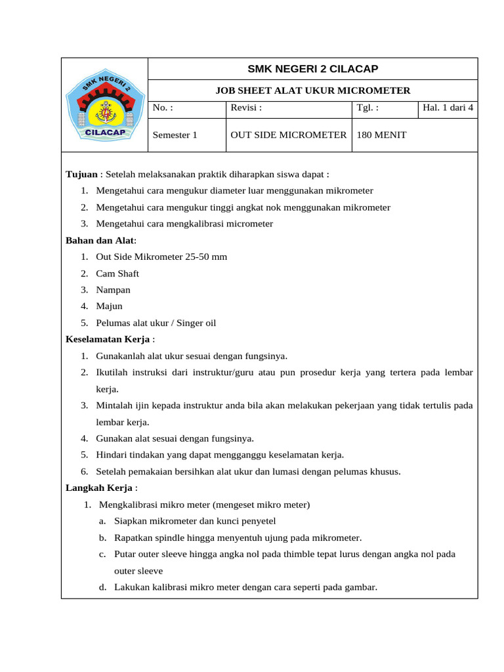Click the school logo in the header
tap(105, 105)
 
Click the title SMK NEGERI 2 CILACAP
tap(312, 69)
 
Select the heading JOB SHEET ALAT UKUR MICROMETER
tap(312, 91)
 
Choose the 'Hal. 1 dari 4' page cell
tap(448, 108)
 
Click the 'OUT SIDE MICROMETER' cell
tap(288, 135)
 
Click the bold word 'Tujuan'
tap(82, 175)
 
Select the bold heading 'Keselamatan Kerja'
tap(108, 339)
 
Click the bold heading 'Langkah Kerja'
tap(99, 488)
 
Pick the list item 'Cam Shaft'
tap(117, 274)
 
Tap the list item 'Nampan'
tap(113, 290)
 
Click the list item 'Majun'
tap(109, 306)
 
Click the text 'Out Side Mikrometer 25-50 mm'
tap(161, 257)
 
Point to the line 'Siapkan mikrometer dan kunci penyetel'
tap(195, 522)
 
